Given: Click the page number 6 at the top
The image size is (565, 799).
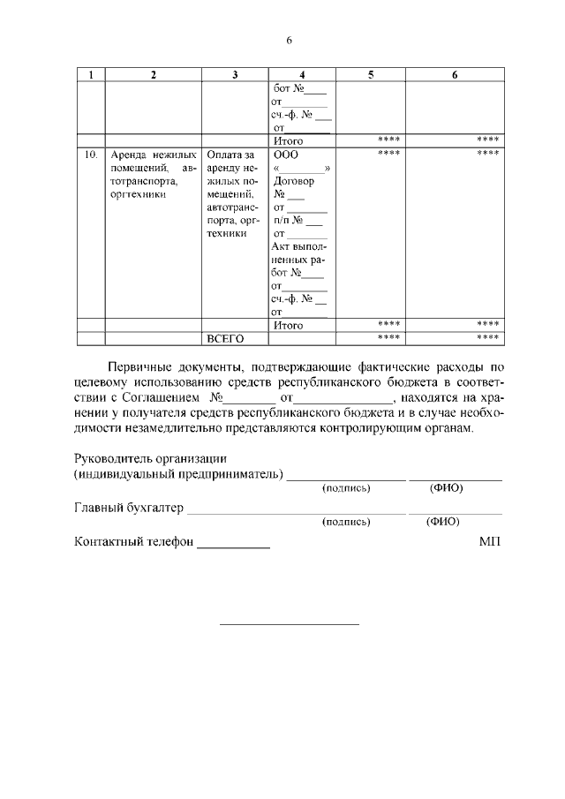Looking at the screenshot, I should [x=288, y=41].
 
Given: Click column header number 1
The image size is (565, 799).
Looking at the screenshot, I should [x=91, y=75].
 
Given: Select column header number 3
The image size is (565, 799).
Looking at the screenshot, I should [x=235, y=75].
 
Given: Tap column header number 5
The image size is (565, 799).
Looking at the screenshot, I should [x=371, y=75].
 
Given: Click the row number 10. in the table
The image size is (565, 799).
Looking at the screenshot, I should [x=91, y=155].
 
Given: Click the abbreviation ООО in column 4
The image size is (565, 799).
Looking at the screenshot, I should [x=286, y=155].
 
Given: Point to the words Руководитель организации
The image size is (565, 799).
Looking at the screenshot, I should [x=151, y=458].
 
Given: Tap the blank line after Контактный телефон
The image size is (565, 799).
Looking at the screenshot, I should [x=233, y=543].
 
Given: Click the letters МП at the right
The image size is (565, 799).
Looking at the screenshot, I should [x=490, y=542].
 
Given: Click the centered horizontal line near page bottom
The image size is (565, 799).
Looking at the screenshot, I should [x=289, y=625].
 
